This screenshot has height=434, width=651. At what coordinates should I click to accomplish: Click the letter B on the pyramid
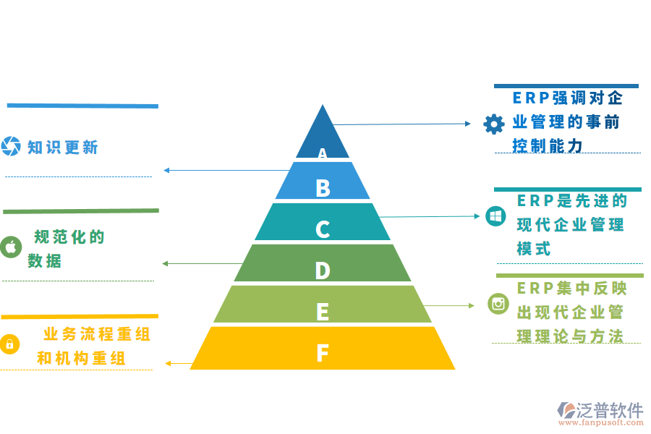point(323,188)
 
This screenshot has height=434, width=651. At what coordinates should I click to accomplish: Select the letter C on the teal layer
point(323,229)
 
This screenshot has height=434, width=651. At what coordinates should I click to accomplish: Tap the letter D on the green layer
point(323,271)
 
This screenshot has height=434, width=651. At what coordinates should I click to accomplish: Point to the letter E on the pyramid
point(323,312)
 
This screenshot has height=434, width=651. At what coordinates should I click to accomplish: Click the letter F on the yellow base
point(323,353)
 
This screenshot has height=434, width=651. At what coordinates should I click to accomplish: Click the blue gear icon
point(493,124)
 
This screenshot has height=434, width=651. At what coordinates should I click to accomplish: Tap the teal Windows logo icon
point(495,216)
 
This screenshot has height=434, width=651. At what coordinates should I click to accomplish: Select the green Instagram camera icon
point(498,304)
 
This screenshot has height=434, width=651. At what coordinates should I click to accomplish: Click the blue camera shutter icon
point(11,146)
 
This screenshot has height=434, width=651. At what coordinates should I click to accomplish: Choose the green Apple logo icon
point(11,247)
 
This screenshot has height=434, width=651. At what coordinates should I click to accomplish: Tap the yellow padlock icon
point(10,344)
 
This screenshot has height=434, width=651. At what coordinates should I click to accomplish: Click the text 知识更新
point(62,148)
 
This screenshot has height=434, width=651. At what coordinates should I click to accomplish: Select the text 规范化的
point(69,237)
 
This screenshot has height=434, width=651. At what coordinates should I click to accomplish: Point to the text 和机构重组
point(81,358)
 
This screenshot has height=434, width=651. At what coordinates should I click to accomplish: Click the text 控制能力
point(548,145)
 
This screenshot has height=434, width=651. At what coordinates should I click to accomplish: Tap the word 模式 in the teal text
point(535,248)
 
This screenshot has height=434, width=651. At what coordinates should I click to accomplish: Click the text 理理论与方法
point(570,336)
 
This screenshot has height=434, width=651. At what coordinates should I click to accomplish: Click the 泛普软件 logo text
point(610,410)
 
